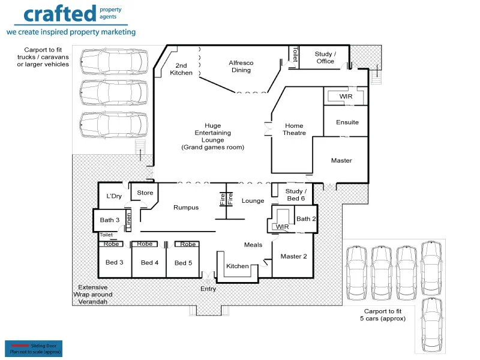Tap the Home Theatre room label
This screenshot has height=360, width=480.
pyautogui.click(x=294, y=130)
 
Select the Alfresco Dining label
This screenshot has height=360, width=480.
pyautogui.click(x=241, y=66)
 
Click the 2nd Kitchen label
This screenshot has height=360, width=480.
pyautogui.click(x=181, y=69)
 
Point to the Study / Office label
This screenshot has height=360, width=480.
pyautogui.click(x=325, y=58)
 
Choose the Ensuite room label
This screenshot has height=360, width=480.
pyautogui.click(x=347, y=122)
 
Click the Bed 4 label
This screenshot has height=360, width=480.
pyautogui.click(x=149, y=263)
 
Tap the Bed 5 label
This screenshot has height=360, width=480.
pyautogui.click(x=183, y=263)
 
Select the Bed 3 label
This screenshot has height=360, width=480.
pyautogui.click(x=115, y=263)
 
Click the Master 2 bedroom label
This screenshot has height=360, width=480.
pyautogui.click(x=293, y=257)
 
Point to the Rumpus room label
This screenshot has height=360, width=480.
pyautogui.click(x=185, y=208)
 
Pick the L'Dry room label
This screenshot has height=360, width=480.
pyautogui.click(x=114, y=196)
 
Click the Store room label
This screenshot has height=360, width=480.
pyautogui.click(x=145, y=193)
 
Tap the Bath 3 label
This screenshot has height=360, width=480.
pyautogui.click(x=110, y=220)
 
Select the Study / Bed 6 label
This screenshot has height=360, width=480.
pyautogui.click(x=295, y=195)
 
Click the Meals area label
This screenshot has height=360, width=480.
pyautogui.click(x=253, y=245)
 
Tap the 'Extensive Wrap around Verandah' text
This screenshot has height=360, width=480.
pyautogui.click(x=93, y=295)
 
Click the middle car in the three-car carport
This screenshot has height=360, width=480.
pyautogui.click(x=113, y=92)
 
